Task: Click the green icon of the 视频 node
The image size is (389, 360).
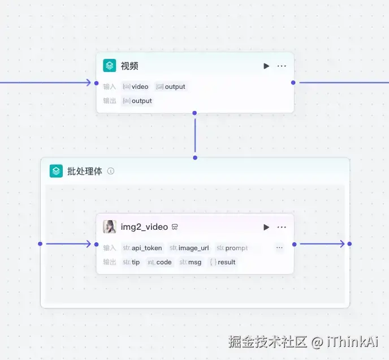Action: (110, 66)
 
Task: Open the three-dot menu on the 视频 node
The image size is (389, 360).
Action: (282, 66)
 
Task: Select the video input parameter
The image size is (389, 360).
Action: (136, 87)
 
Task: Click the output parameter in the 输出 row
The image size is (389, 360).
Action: (137, 101)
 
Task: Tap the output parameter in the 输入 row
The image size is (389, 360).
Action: (170, 87)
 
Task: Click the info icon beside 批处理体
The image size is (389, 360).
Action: (111, 171)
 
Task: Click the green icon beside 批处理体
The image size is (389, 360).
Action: (56, 171)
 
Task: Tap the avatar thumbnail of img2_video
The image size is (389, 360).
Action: (110, 226)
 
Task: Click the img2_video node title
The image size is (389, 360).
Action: (144, 227)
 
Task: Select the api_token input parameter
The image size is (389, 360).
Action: (142, 248)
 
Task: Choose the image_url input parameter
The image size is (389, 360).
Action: (189, 248)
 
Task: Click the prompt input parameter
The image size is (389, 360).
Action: (232, 248)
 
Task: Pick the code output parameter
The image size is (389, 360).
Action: (159, 262)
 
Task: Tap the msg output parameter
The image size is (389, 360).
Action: (191, 262)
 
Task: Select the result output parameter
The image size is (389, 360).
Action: (223, 262)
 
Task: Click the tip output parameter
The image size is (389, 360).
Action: (131, 262)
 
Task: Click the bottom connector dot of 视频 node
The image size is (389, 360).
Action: (194, 113)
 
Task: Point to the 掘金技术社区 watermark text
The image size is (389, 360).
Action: (267, 342)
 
